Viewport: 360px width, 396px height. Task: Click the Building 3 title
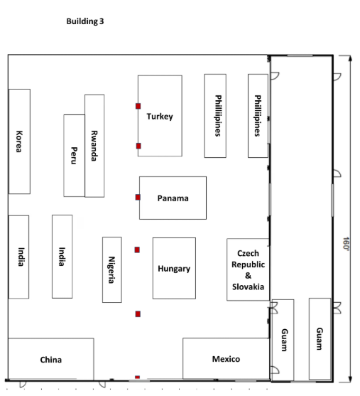click(85, 21)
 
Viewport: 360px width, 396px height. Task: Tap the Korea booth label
click(19, 141)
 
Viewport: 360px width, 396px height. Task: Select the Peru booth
click(74, 156)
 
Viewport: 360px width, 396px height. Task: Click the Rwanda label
click(94, 146)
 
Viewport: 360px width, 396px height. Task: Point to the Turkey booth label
click(160, 117)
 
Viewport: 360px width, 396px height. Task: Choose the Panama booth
click(173, 198)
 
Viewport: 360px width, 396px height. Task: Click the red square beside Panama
click(138, 197)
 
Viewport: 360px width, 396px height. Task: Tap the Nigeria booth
click(112, 269)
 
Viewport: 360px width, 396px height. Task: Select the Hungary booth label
click(174, 269)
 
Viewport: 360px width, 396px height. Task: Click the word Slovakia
click(249, 287)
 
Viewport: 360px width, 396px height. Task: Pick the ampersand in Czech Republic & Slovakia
click(249, 276)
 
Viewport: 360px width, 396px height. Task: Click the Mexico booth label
click(226, 359)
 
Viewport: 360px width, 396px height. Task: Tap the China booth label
click(50, 360)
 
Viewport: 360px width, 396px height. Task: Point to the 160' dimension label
click(346, 244)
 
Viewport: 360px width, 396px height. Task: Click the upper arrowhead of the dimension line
click(350, 58)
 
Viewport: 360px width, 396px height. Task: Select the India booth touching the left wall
click(18, 257)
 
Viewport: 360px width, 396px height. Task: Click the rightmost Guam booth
click(320, 339)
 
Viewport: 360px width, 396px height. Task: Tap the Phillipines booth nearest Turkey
click(215, 116)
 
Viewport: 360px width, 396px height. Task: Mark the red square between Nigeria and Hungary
click(137, 250)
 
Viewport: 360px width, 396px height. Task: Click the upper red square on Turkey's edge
click(138, 106)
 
